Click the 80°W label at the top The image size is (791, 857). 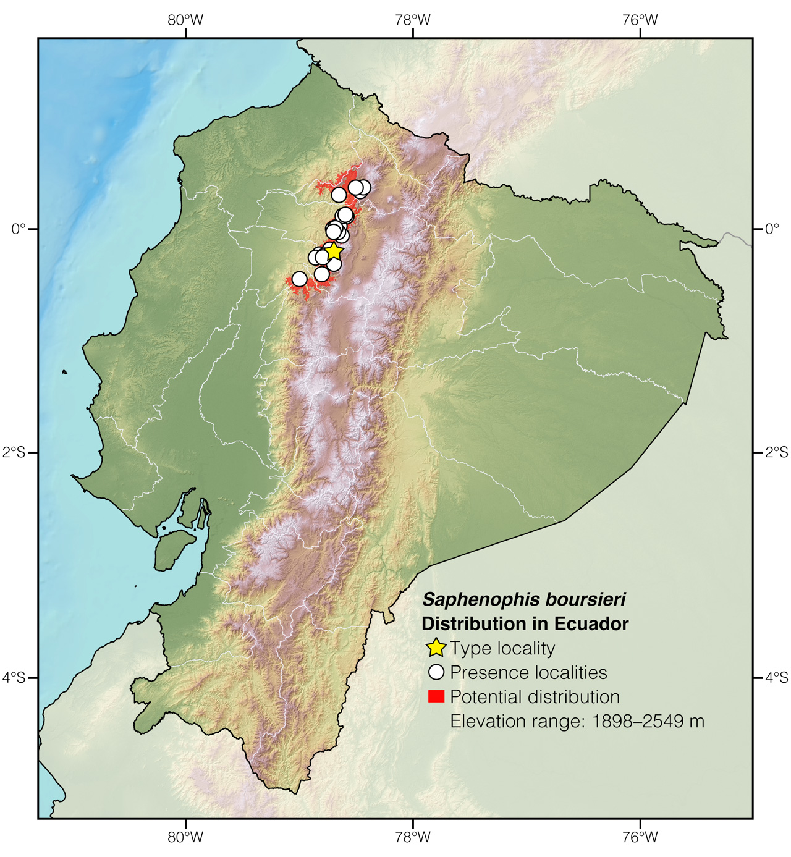coord(185,20)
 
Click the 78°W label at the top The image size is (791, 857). coord(413,20)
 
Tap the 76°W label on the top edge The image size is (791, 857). coord(640,20)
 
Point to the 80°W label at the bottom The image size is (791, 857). coord(185,837)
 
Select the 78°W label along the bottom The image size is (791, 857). coord(413,837)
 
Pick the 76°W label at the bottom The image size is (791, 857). coord(640,837)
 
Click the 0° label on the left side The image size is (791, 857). coord(19,229)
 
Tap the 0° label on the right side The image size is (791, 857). coord(772,229)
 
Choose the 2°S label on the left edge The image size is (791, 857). coord(14,453)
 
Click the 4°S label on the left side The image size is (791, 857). coord(14,678)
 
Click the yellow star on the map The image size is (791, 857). coord(333,251)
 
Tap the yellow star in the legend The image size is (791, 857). coord(436,648)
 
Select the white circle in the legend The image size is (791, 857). coord(436,672)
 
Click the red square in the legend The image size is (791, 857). coord(436,697)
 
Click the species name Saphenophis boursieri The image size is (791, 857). coord(523,599)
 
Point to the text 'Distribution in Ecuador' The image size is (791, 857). coord(525,624)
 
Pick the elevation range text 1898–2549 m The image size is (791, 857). coord(648,721)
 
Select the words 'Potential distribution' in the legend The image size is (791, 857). coord(535,697)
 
